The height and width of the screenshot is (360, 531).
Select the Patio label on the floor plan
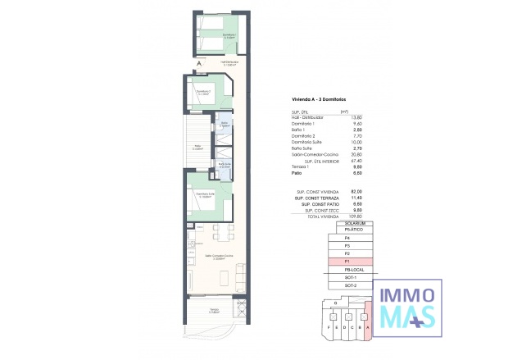(197, 148)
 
